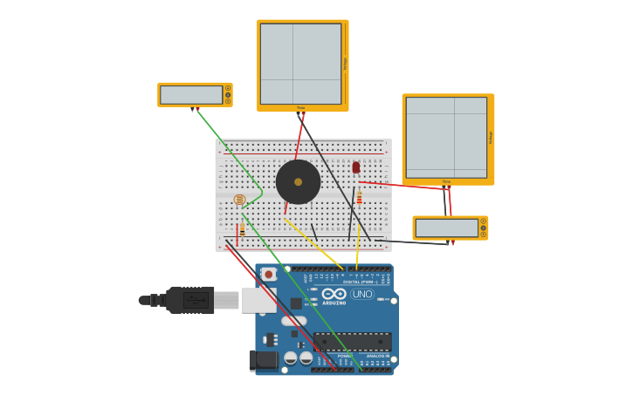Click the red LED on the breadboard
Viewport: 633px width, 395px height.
[355, 167]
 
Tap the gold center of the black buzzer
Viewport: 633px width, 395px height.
[298, 182]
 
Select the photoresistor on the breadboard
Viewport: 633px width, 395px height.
[239, 200]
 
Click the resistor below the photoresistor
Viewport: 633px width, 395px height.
[242, 228]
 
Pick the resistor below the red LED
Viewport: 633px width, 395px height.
[359, 198]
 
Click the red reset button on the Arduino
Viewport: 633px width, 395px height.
[269, 275]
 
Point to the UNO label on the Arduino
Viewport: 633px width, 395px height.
[361, 295]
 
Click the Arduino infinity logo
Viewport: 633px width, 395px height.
[334, 294]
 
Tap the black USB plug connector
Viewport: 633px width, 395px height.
[189, 300]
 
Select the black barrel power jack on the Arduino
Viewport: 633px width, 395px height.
[264, 360]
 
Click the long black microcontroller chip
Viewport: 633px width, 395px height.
[352, 341]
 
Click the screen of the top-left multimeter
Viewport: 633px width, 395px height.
[191, 94]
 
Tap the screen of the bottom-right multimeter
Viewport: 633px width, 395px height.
[446, 228]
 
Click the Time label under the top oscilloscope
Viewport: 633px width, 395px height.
[300, 108]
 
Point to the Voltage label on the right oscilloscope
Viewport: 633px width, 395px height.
[491, 137]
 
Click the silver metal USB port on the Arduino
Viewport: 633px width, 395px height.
[258, 300]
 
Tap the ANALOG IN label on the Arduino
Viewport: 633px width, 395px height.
[377, 356]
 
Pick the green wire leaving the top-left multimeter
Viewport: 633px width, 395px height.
[227, 148]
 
